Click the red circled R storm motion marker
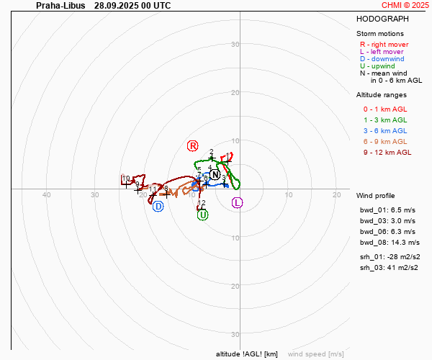(192, 145)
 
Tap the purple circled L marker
(238, 202)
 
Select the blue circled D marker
(158, 207)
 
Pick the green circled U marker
(202, 215)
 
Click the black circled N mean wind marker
(215, 175)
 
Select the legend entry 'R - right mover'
(384, 45)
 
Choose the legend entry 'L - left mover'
(382, 52)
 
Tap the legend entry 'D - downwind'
(381, 59)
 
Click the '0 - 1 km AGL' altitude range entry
(385, 109)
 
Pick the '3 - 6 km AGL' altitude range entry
(385, 131)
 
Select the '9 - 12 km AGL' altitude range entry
(387, 153)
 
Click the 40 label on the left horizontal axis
(47, 195)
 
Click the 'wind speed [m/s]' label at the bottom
(315, 354)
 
